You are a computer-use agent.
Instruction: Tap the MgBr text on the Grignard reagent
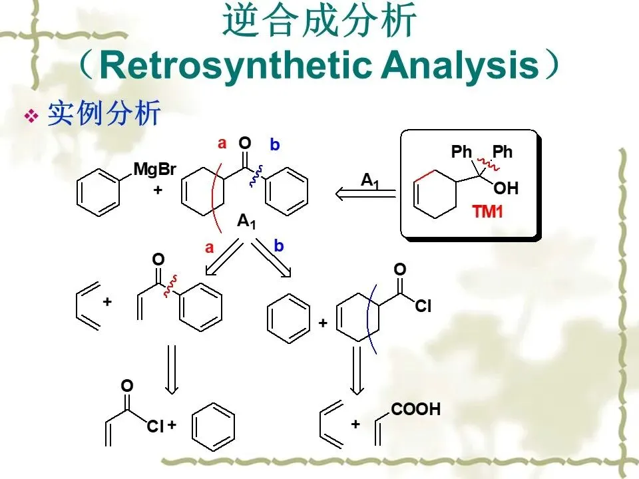[x=154, y=169]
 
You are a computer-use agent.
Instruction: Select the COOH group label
[x=415, y=409]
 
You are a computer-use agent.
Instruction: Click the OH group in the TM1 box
[x=506, y=189]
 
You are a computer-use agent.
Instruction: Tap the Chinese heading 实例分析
[x=104, y=114]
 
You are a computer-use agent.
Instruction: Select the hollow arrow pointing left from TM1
[x=365, y=194]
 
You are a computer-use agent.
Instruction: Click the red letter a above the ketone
[x=222, y=143]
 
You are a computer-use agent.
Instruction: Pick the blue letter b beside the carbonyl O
[x=275, y=144]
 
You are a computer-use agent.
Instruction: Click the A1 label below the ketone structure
[x=246, y=223]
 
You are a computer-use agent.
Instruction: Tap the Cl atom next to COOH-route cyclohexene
[x=424, y=307]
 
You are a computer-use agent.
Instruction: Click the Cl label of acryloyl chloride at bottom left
[x=155, y=426]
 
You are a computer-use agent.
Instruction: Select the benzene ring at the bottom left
[x=213, y=424]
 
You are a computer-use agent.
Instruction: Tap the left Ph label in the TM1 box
[x=461, y=152]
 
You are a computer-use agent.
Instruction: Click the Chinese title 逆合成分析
[x=319, y=22]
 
